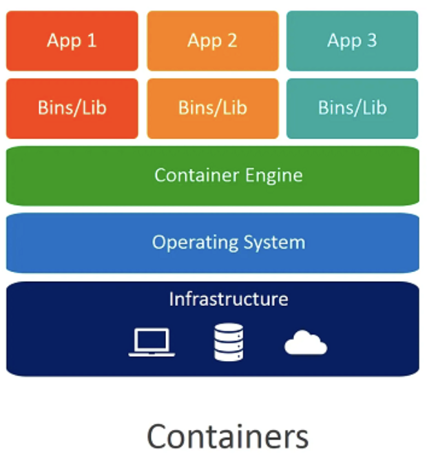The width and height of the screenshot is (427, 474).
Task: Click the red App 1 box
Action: pyautogui.click(x=72, y=41)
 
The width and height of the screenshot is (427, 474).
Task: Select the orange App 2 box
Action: pyautogui.click(x=212, y=41)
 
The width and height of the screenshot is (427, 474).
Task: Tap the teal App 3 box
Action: pyautogui.click(x=352, y=41)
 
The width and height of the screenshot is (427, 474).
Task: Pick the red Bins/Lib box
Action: pyautogui.click(x=72, y=108)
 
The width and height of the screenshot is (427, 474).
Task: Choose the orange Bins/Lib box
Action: pyautogui.click(x=212, y=108)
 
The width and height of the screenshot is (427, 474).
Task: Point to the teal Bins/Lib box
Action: pyautogui.click(x=352, y=108)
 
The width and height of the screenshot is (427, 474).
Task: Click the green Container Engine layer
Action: pyautogui.click(x=213, y=176)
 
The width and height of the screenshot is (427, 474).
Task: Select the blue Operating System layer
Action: pyautogui.click(x=213, y=243)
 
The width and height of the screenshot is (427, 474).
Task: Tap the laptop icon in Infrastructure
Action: pyautogui.click(x=152, y=342)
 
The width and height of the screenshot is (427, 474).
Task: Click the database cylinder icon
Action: pyautogui.click(x=229, y=342)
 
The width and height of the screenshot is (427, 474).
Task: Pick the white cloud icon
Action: pyautogui.click(x=306, y=342)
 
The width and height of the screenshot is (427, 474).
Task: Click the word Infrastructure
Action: pyautogui.click(x=229, y=299)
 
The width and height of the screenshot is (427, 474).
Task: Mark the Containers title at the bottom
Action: pyautogui.click(x=227, y=437)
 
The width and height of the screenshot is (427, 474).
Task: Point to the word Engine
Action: pyautogui.click(x=274, y=176)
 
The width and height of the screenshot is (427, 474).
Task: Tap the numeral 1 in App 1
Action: pyautogui.click(x=92, y=41)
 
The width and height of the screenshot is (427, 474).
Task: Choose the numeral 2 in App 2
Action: pyautogui.click(x=231, y=41)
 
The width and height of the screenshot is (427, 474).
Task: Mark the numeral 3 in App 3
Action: pyautogui.click(x=371, y=41)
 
